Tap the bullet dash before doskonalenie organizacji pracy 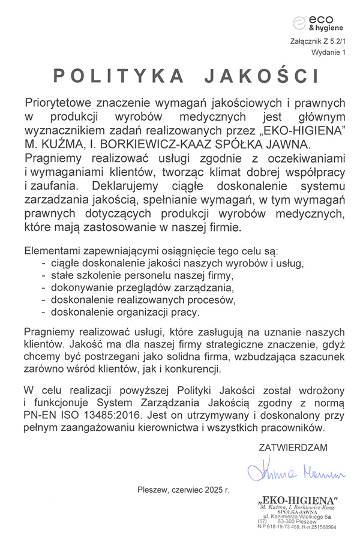tap(43, 313)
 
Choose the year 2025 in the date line tap(211, 490)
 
